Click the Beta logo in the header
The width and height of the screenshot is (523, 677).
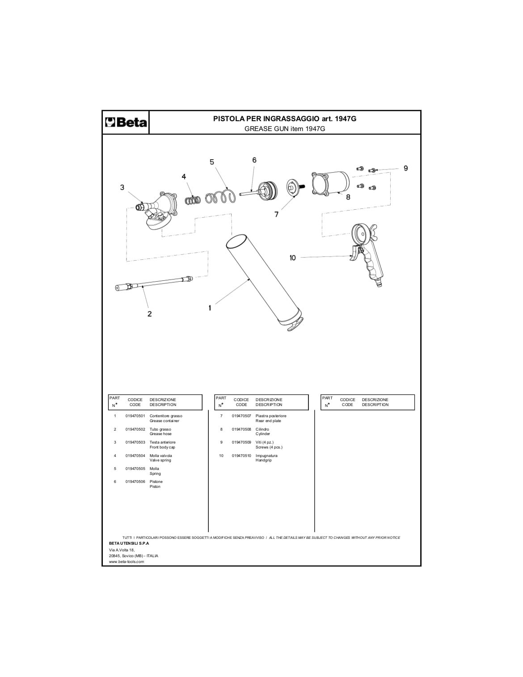(126, 122)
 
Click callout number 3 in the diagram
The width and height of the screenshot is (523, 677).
(122, 187)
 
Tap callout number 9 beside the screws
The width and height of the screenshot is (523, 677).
(405, 168)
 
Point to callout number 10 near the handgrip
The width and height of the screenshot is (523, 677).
(293, 258)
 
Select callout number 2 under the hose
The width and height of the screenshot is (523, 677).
(149, 314)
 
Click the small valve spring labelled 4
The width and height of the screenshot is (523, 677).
(193, 200)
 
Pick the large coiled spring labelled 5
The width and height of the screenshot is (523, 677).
(219, 196)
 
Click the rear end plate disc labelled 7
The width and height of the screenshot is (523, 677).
(293, 187)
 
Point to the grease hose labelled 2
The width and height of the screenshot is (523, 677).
(154, 283)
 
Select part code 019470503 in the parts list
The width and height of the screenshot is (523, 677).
(135, 442)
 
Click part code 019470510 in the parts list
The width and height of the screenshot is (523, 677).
(241, 456)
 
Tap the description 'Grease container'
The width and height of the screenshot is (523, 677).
(164, 421)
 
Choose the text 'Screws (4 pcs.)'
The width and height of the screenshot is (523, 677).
(269, 447)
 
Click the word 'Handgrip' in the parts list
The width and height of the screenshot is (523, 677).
(264, 460)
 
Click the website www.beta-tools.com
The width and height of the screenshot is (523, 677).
(127, 562)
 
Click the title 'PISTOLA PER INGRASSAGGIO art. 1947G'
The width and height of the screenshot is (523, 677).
(285, 118)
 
